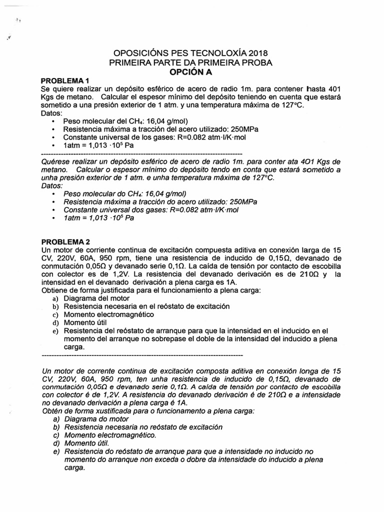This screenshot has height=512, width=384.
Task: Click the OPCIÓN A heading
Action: tap(191, 72)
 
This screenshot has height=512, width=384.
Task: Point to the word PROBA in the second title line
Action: tap(256, 62)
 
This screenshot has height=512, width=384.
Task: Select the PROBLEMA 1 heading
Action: tap(65, 81)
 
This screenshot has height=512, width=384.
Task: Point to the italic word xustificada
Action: tap(127, 411)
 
